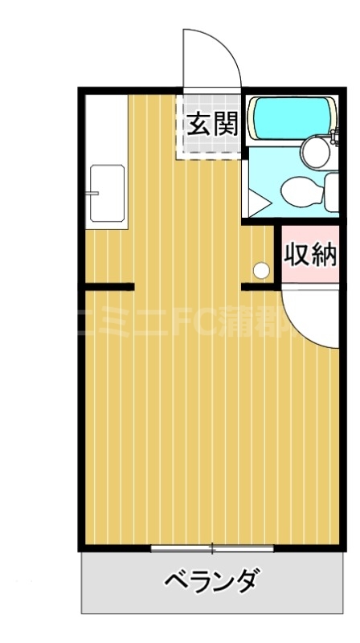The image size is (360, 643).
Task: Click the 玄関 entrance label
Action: click(212, 125)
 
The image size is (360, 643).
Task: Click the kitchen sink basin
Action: click(107, 193)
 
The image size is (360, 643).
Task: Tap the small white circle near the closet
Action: click(261, 269)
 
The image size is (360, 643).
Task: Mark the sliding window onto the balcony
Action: click(212, 549)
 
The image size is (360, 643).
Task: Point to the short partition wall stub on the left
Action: click(108, 285)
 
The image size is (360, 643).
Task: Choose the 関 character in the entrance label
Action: click(225, 125)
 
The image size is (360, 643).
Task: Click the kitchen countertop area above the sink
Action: click(107, 129)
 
